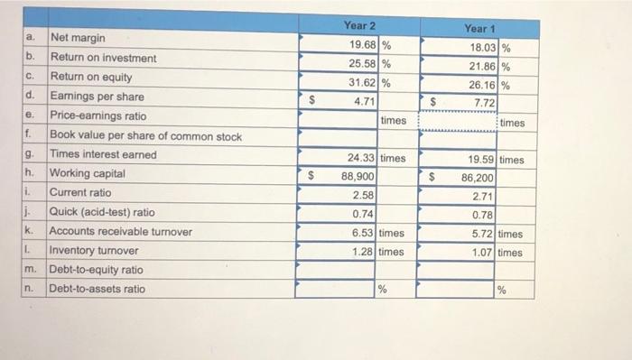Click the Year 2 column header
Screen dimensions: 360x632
pyautogui.click(x=359, y=26)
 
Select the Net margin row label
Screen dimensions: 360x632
pyautogui.click(x=78, y=39)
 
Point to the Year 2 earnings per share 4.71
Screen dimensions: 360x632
pyautogui.click(x=365, y=103)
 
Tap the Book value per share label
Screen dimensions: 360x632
pyautogui.click(x=145, y=136)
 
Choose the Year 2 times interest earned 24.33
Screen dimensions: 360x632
pyautogui.click(x=361, y=158)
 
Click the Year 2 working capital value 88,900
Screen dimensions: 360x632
pyautogui.click(x=358, y=177)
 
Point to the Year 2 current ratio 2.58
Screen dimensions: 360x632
pyautogui.click(x=364, y=195)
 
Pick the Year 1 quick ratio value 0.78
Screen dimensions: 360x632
pyautogui.click(x=483, y=216)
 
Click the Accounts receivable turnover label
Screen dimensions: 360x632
pyautogui.click(x=120, y=232)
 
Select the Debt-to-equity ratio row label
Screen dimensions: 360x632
pyautogui.click(x=96, y=270)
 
